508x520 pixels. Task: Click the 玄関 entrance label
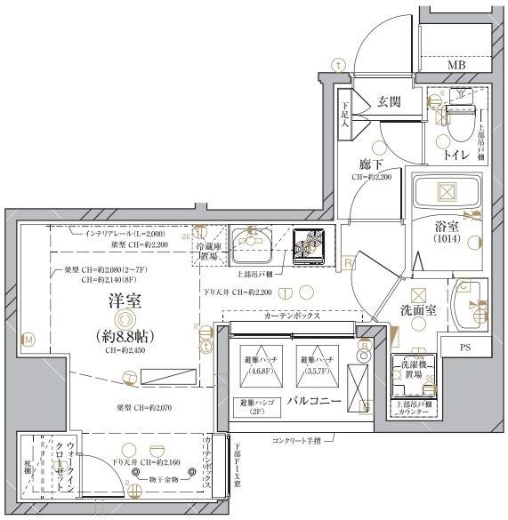coord(389,101)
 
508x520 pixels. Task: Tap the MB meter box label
coord(456,66)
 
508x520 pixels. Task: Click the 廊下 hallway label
coord(372,164)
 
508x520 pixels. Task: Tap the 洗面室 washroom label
coord(416,310)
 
